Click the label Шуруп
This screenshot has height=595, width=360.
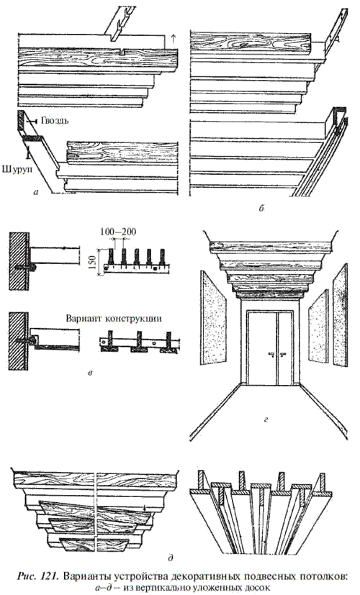(17, 168)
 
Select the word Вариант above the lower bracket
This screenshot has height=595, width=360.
(84, 318)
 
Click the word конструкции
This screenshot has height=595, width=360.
(132, 318)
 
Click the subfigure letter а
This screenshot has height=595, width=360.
(37, 193)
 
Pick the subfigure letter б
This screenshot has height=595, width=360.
(261, 208)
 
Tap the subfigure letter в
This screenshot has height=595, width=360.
(91, 373)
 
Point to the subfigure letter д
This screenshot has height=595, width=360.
(171, 558)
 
